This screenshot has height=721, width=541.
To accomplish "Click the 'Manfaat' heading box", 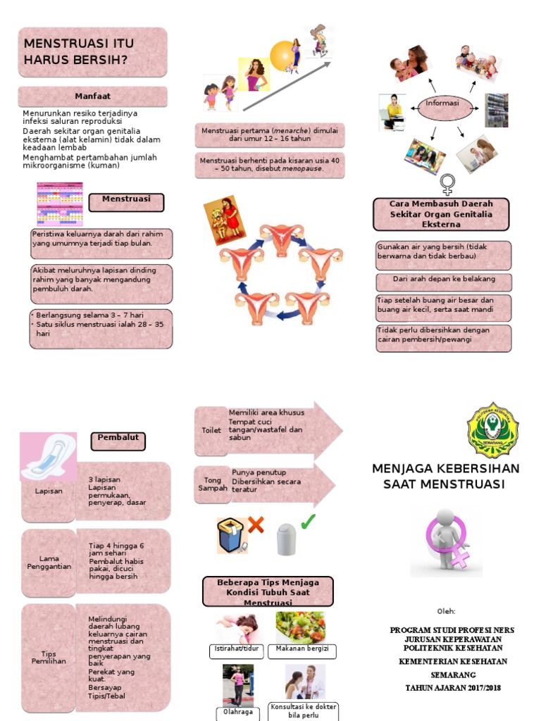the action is point(92,96).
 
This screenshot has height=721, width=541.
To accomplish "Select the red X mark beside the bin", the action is point(255,525).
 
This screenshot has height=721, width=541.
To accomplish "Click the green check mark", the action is point(308,522).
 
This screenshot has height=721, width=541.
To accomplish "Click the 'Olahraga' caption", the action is point(237,712).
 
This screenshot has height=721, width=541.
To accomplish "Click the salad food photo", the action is point(301,627).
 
